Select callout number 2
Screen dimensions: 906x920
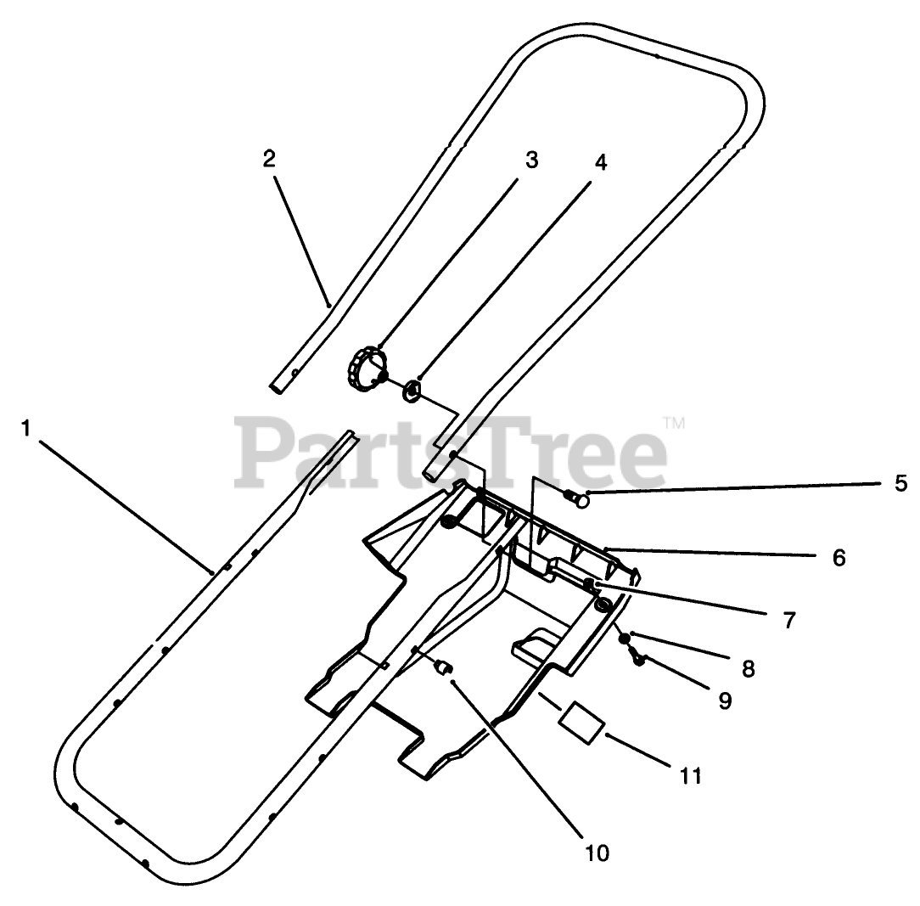pyautogui.click(x=269, y=159)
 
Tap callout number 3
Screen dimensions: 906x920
pyautogui.click(x=531, y=160)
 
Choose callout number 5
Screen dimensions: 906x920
pyautogui.click(x=900, y=484)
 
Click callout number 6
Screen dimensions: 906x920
pyautogui.click(x=838, y=557)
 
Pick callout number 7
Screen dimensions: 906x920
pyautogui.click(x=789, y=620)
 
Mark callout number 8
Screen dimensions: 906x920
pyautogui.click(x=748, y=667)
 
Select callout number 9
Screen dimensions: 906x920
pyautogui.click(x=724, y=700)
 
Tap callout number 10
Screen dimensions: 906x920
pyautogui.click(x=597, y=853)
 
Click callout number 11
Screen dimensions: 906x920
pyautogui.click(x=691, y=775)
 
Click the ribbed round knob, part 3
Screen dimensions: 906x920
pyautogui.click(x=366, y=371)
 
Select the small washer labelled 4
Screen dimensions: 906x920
pyautogui.click(x=411, y=391)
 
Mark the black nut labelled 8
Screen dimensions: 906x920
pyautogui.click(x=624, y=638)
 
